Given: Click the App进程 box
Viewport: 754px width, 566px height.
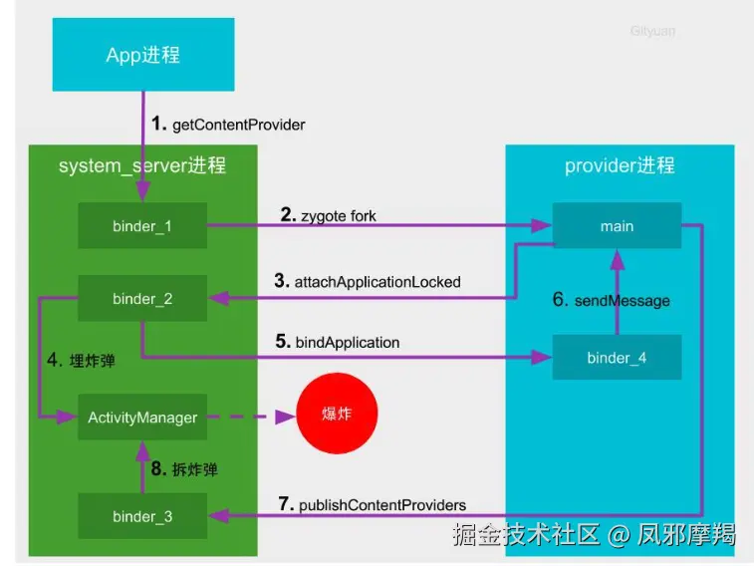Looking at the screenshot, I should [143, 55].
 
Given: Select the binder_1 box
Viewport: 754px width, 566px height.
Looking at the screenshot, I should [142, 226].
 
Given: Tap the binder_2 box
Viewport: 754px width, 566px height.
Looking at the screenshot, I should [142, 298].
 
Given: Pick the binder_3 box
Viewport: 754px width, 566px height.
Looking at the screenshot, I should [142, 516].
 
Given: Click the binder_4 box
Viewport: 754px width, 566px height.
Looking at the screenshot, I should [617, 358].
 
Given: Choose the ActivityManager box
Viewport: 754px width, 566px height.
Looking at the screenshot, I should [142, 418].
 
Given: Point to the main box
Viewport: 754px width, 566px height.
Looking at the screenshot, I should [617, 226].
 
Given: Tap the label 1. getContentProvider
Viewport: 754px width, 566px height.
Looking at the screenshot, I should [228, 125].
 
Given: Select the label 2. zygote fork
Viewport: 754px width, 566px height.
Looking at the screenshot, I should [328, 215].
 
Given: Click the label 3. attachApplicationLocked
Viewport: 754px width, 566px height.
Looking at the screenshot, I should [368, 282].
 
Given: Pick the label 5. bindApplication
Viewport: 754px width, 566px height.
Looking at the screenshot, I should [338, 343].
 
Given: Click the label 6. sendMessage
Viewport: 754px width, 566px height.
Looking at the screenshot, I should [612, 300].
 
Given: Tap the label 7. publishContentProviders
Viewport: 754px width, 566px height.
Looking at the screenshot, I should [373, 504].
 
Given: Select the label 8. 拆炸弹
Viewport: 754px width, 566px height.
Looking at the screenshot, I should [184, 469].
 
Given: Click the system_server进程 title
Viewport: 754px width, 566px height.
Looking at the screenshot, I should [142, 165].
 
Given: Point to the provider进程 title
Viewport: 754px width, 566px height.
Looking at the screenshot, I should [620, 165].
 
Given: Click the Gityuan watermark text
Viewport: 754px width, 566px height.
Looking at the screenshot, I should [652, 31].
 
